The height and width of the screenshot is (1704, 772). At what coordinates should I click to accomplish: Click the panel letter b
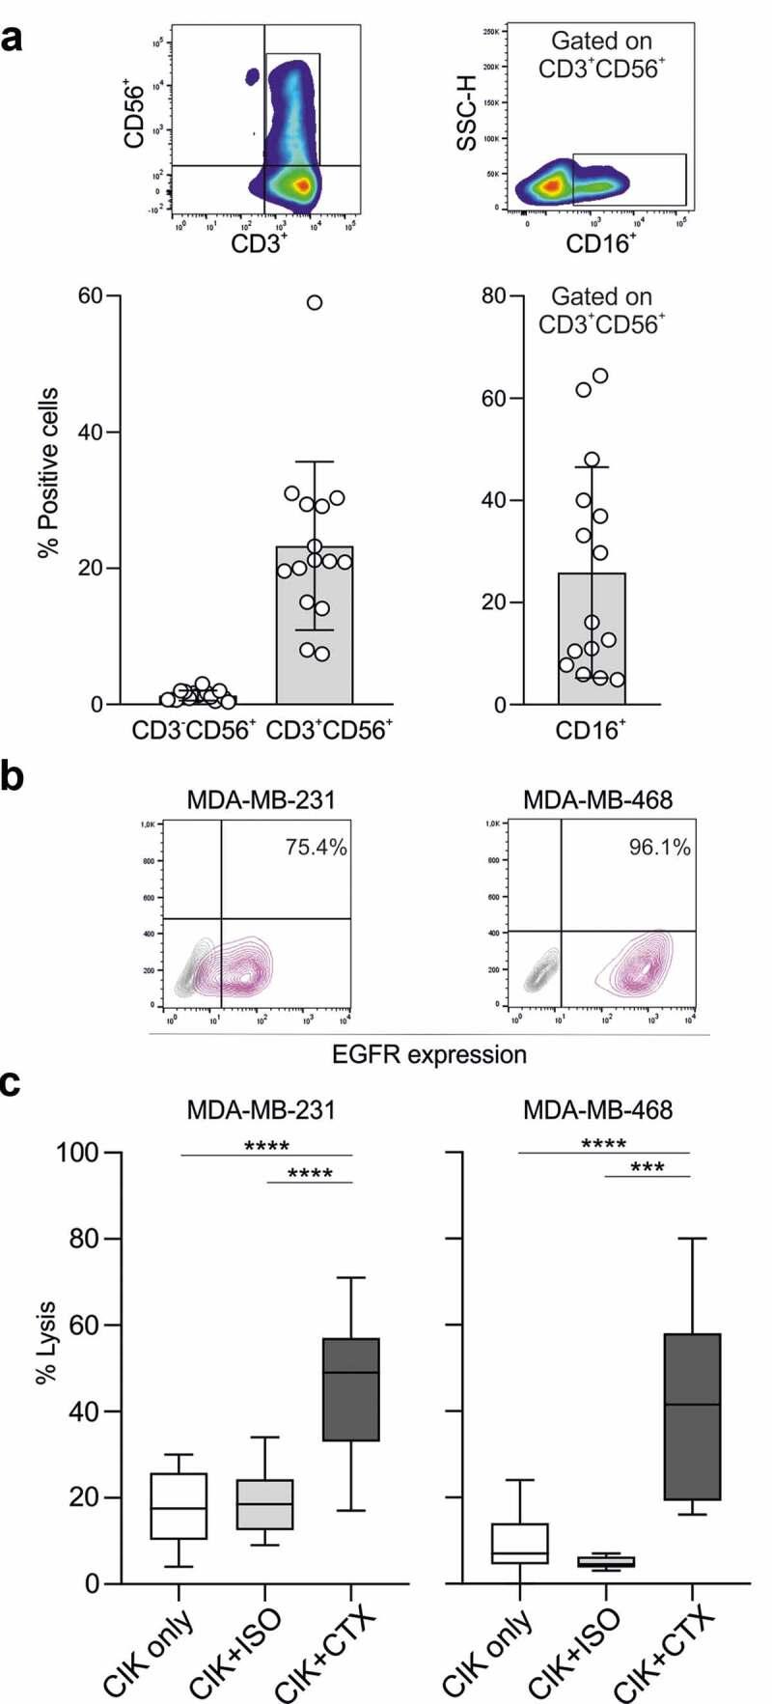tap(13, 776)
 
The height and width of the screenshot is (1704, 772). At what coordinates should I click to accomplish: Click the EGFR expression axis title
tap(429, 1053)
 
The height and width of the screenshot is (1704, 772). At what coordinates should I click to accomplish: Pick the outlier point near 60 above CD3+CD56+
tap(315, 302)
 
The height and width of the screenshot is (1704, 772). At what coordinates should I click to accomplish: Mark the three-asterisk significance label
tap(647, 1167)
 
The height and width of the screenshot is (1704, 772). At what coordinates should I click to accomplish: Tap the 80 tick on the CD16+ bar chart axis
tap(494, 295)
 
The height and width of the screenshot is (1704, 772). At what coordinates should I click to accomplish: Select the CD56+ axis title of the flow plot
tap(135, 117)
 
